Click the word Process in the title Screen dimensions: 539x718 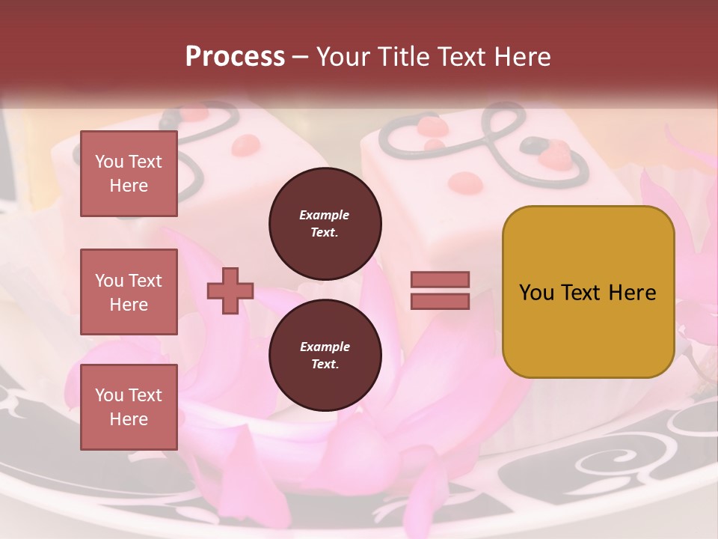pyautogui.click(x=235, y=57)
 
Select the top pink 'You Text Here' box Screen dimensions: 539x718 pyautogui.click(x=129, y=174)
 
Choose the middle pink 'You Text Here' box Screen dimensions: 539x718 pyautogui.click(x=129, y=292)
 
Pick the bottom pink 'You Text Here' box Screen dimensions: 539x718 pyautogui.click(x=129, y=407)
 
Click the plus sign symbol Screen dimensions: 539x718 pyautogui.click(x=230, y=292)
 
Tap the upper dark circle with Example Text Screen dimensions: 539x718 pyautogui.click(x=325, y=224)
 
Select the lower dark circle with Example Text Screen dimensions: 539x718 pyautogui.click(x=325, y=356)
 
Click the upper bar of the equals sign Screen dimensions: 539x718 pyautogui.click(x=440, y=279)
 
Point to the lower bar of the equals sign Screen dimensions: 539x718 pyautogui.click(x=440, y=301)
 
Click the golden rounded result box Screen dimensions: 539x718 pyautogui.click(x=588, y=292)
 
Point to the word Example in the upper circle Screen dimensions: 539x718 pyautogui.click(x=325, y=215)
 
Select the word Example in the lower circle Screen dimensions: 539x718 pyautogui.click(x=325, y=347)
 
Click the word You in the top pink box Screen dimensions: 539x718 pyautogui.click(x=109, y=162)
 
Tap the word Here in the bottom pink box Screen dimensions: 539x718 pyautogui.click(x=129, y=419)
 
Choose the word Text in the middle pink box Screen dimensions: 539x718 pyautogui.click(x=145, y=281)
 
